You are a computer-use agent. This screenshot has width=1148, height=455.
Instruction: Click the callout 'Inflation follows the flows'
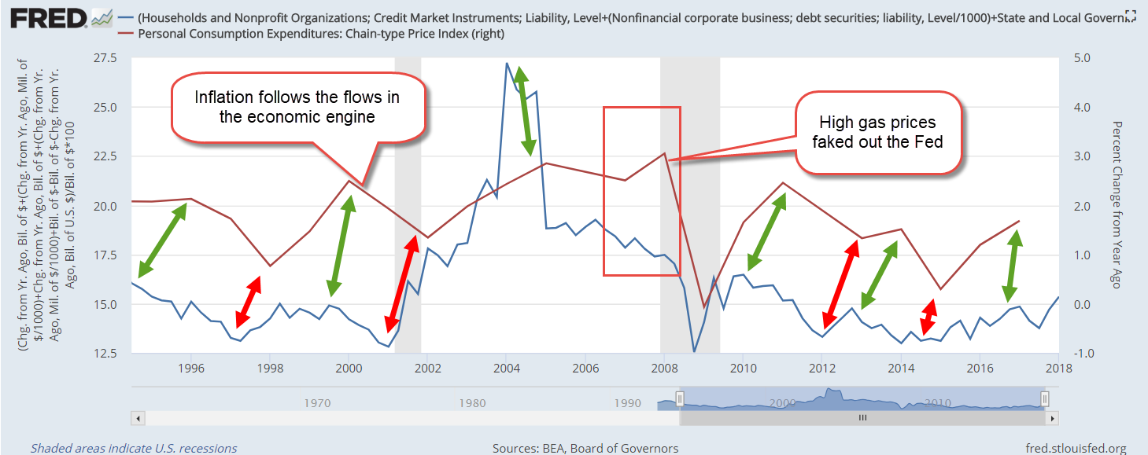297,107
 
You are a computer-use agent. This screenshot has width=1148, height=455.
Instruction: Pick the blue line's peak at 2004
506,63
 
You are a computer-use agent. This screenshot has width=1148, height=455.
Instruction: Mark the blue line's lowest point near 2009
693,351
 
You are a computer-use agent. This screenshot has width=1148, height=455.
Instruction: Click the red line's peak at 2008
665,153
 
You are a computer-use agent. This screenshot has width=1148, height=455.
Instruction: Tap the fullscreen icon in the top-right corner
1131,15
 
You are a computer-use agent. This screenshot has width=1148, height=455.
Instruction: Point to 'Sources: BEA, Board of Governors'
585,448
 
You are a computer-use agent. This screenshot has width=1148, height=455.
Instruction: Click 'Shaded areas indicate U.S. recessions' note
134,448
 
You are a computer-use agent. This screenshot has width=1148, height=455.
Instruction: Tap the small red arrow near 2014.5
929,317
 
